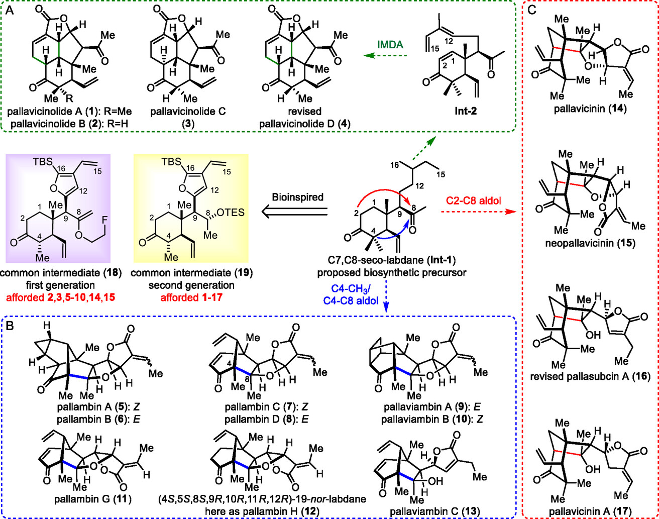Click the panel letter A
click(11, 11)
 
